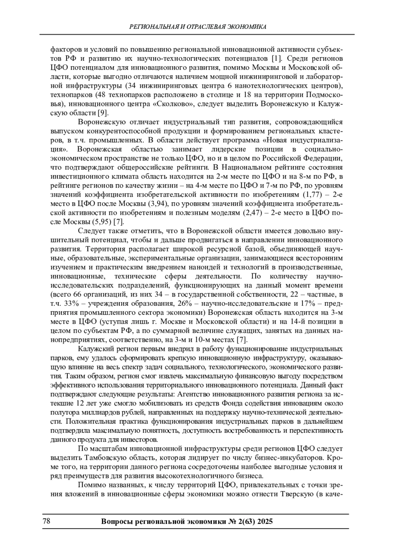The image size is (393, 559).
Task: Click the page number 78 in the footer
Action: (46, 521)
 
